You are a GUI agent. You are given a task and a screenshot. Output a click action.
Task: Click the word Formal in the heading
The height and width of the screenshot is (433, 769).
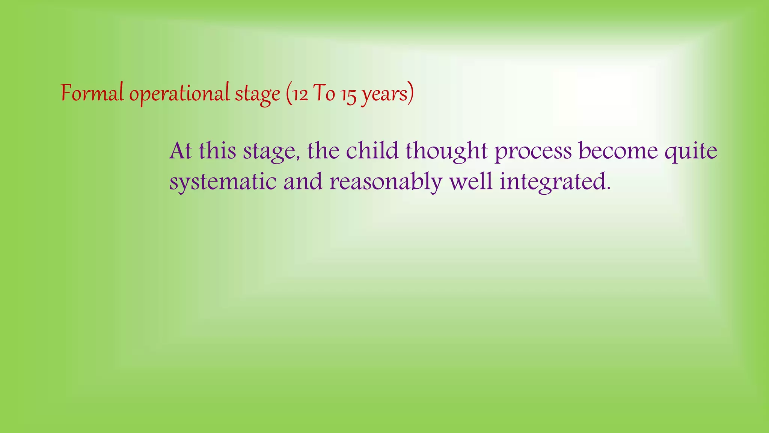[x=92, y=93]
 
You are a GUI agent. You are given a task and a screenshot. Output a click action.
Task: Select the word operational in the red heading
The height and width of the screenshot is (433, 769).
[x=179, y=94]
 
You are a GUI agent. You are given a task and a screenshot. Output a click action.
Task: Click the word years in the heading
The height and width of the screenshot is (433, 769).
[x=384, y=94]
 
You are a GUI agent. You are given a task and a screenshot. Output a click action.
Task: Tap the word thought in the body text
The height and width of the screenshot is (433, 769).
[x=446, y=151]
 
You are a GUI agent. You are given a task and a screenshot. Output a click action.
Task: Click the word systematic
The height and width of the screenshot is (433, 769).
[x=223, y=182]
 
